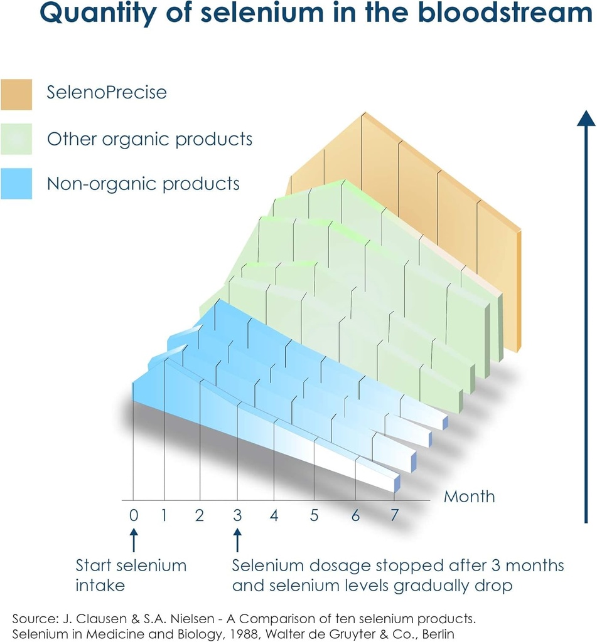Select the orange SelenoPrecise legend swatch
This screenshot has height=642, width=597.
point(16,93)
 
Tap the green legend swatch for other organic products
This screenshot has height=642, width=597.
point(16,139)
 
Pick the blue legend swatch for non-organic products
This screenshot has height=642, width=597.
point(16,184)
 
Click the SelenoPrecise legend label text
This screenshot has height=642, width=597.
point(107,93)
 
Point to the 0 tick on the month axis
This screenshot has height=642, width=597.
point(133,515)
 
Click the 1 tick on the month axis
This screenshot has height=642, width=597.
point(164,515)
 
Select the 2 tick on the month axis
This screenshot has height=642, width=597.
point(200,515)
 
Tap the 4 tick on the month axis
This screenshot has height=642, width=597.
point(274,515)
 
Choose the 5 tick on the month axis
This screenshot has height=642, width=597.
point(314,515)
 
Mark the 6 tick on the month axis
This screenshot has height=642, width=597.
point(355,515)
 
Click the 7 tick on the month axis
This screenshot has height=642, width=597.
point(394,515)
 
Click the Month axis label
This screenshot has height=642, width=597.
point(469,497)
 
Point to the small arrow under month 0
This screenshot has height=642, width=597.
point(133,539)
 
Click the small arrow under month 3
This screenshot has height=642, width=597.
point(237,539)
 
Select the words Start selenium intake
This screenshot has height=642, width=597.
point(131,575)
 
